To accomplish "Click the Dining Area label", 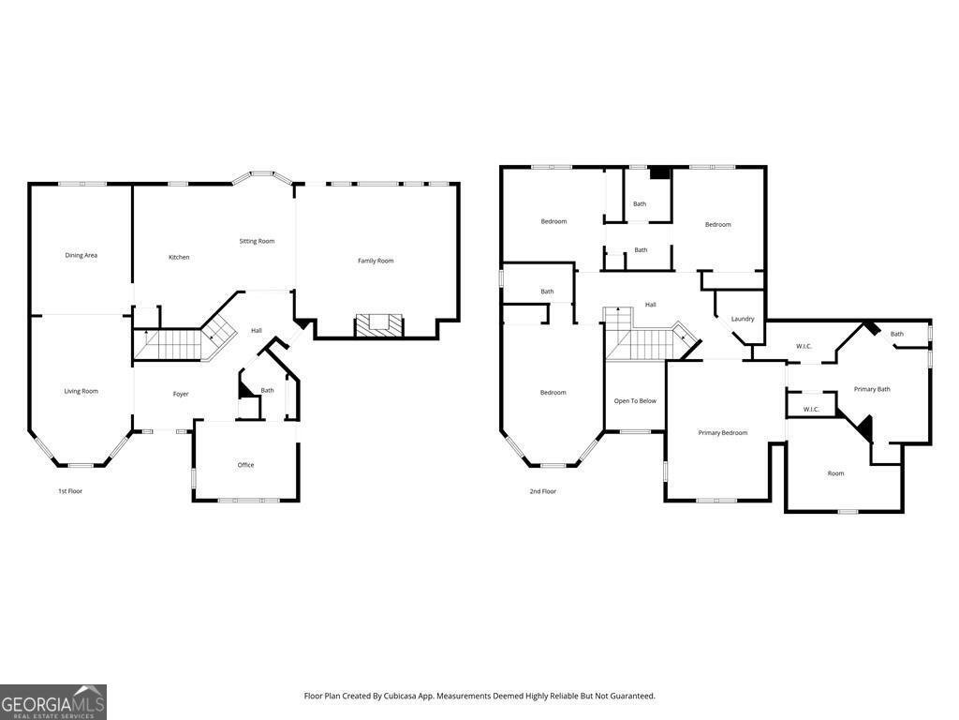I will point(81,255).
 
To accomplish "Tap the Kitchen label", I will point(179,257).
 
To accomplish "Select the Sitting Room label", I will point(257,241).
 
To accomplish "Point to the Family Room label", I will point(376,261).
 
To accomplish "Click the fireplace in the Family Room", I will point(379,325).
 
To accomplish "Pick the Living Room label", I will point(81,391).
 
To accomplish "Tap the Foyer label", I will point(181,394).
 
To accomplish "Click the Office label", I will point(245,465).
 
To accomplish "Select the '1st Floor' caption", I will point(70,491).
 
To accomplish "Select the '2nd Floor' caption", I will point(543,491).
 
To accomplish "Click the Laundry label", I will point(743,319).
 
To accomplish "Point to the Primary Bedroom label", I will point(723,432).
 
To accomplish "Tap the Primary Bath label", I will point(872,389).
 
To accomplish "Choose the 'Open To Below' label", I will point(635,401).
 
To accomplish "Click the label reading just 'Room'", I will point(835,473).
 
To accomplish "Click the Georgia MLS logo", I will point(53,702).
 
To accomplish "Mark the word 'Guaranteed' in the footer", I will point(632,696).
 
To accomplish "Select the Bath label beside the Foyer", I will point(268,390).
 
